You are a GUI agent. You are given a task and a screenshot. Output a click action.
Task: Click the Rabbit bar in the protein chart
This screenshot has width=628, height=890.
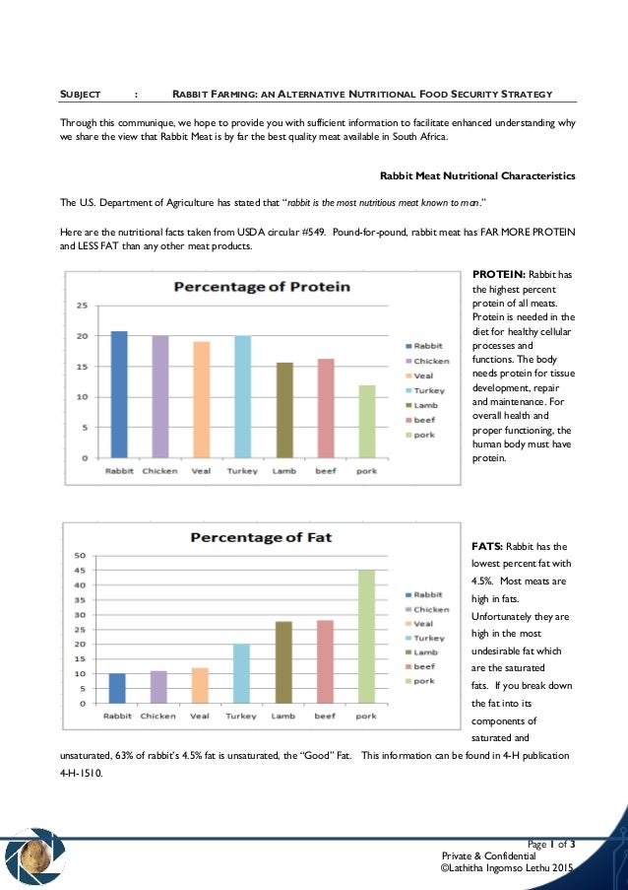(x=119, y=394)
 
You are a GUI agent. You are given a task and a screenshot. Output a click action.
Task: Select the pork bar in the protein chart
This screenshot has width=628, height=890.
(x=367, y=422)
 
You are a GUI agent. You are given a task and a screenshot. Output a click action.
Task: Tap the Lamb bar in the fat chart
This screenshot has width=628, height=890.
(x=283, y=661)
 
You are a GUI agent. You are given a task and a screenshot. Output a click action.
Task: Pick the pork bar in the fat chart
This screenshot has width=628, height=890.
(x=367, y=636)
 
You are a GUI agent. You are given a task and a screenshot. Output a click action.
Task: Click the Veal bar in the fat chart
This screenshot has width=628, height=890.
(x=200, y=685)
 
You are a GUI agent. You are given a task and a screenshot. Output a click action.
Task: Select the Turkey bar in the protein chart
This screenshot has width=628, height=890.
(x=242, y=396)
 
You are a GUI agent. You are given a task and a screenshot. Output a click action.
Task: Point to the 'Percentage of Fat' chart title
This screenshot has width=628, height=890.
(x=261, y=538)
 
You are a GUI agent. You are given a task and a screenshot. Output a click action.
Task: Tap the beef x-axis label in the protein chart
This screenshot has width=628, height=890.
(x=326, y=471)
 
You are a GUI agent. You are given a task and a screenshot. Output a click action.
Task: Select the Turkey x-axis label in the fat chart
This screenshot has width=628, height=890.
(x=241, y=716)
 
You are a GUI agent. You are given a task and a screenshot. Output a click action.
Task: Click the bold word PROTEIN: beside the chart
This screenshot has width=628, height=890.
(x=500, y=273)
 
